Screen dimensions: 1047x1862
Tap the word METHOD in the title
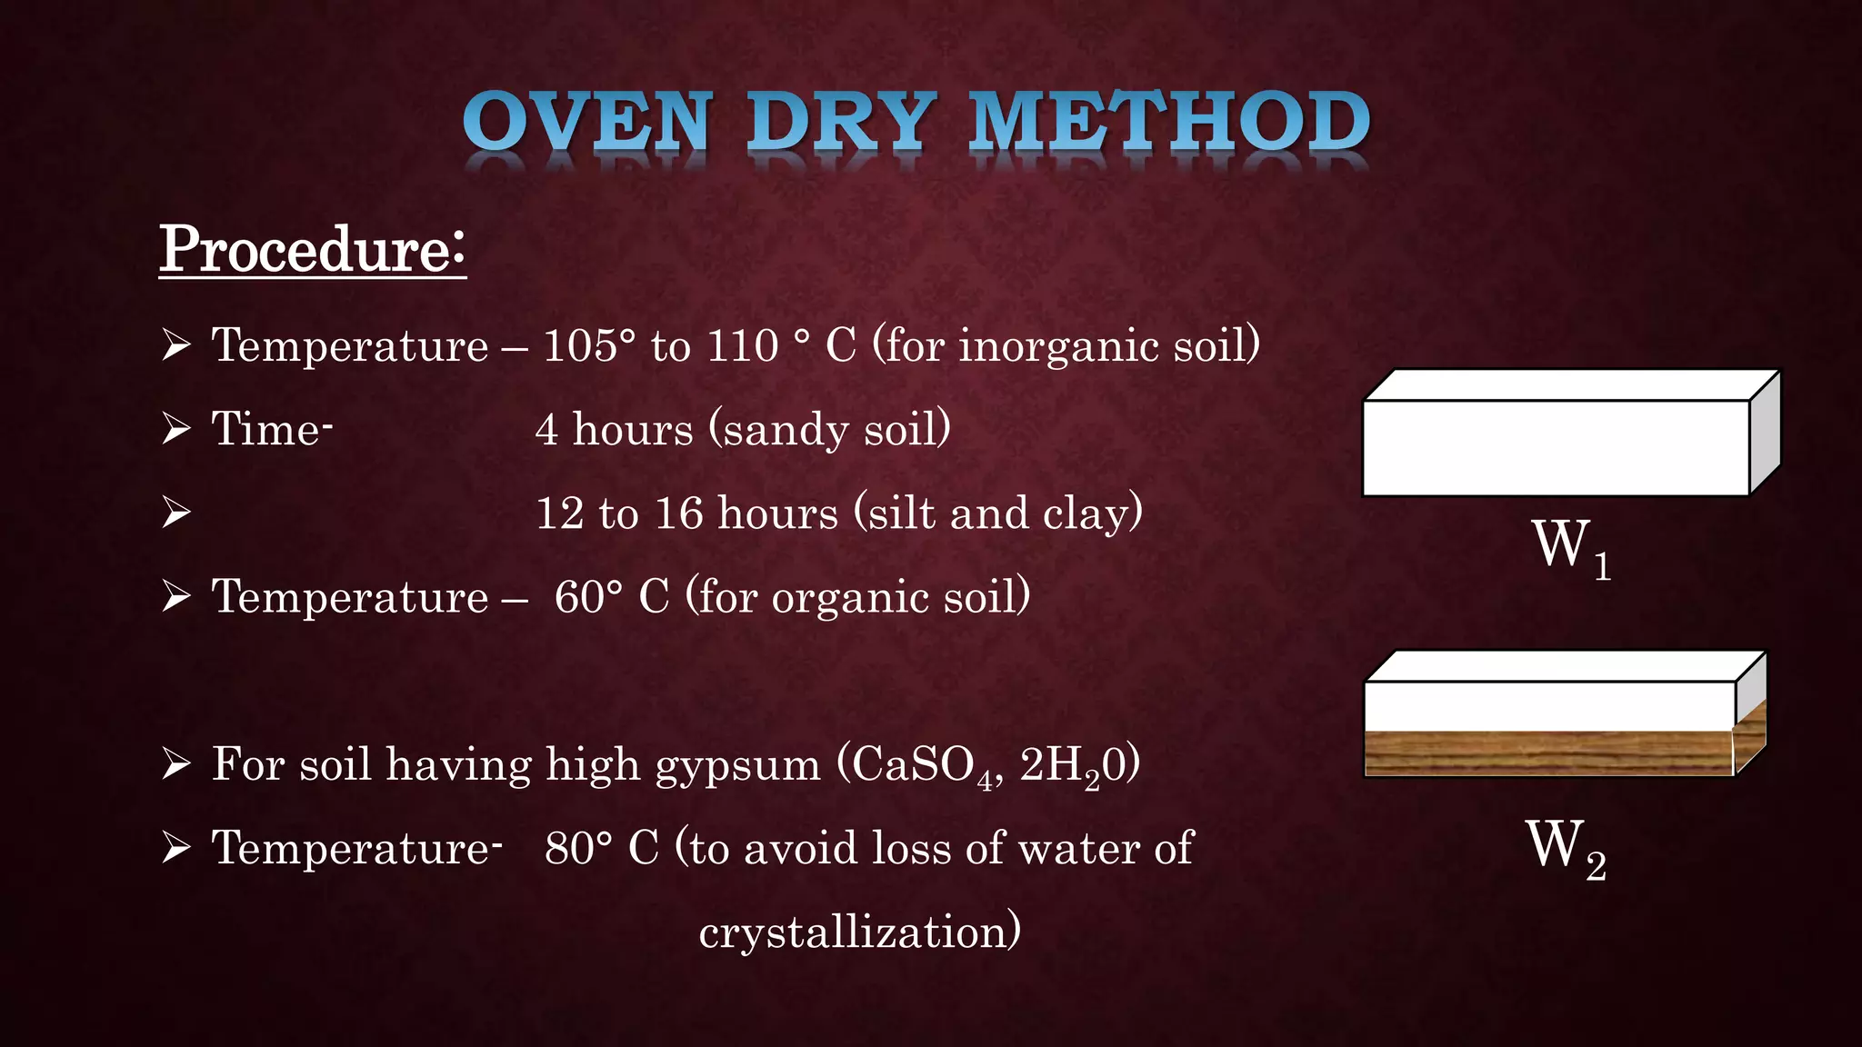1170,123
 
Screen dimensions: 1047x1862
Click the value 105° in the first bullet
589,345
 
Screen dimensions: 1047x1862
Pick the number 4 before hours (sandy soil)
546,429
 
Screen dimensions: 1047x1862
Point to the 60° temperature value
589,597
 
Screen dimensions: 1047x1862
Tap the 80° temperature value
579,848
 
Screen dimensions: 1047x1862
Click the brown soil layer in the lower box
1548,753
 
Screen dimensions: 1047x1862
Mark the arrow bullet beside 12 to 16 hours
175,513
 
